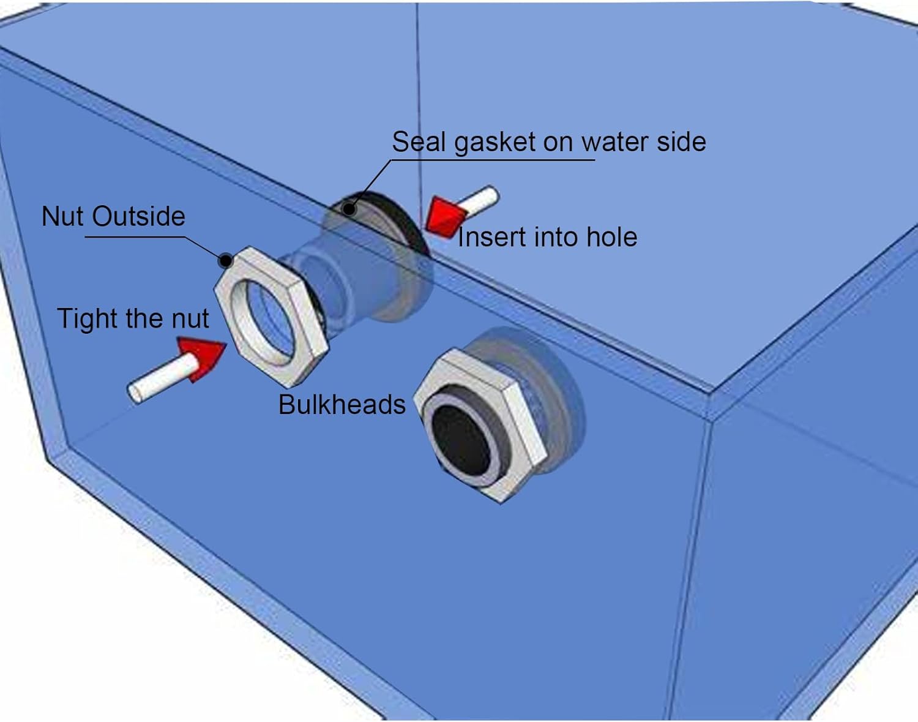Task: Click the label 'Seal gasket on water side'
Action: (548, 142)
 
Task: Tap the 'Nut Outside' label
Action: (113, 217)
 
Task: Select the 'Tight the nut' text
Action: (133, 318)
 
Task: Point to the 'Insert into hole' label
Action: (547, 238)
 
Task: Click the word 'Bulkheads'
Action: (341, 405)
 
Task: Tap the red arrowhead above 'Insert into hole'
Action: (446, 216)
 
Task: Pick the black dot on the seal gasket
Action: (349, 209)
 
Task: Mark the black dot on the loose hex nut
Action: (226, 261)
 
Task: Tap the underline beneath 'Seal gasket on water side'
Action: (493, 160)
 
